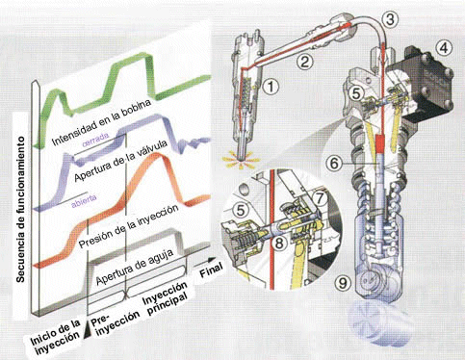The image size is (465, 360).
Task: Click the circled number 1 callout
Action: (271, 87)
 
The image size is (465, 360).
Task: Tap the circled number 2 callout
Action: (303, 61)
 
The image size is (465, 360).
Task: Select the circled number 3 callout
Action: (390, 19)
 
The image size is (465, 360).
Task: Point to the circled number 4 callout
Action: (444, 48)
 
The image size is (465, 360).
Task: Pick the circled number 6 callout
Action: (334, 164)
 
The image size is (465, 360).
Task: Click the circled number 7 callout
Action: (320, 198)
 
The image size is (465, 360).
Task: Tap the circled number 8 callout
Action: (279, 243)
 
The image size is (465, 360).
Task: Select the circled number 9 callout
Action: (343, 284)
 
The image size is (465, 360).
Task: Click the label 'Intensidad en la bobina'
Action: (101, 122)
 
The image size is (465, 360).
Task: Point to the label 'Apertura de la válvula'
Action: (120, 162)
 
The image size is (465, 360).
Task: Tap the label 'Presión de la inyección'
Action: (128, 226)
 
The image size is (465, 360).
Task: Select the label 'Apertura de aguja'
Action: (135, 267)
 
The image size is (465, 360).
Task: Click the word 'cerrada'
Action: (95, 140)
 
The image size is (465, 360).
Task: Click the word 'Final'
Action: (211, 270)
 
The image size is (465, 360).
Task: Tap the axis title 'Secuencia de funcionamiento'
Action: (20, 210)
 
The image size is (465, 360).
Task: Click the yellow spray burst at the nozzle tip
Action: (241, 161)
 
